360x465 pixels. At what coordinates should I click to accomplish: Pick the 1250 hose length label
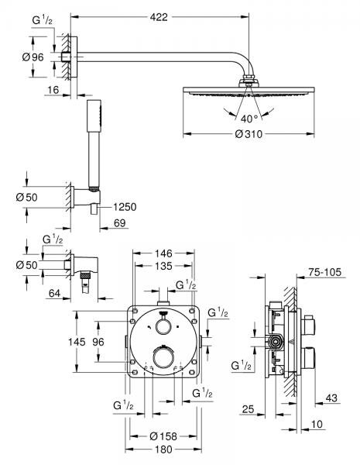click(124, 207)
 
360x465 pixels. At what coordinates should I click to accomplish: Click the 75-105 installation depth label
click(326, 272)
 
